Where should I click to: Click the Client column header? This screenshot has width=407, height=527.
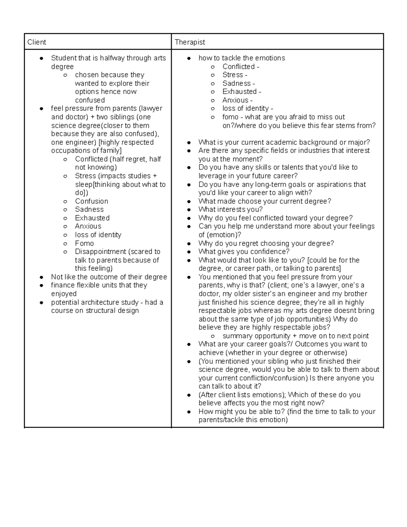[x=37, y=42]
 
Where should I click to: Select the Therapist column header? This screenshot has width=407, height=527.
[x=190, y=42]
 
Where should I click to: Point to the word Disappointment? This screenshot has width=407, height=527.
[x=100, y=252]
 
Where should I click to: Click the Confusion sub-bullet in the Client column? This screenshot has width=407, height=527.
[x=92, y=201]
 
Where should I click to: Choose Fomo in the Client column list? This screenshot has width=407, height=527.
[x=84, y=243]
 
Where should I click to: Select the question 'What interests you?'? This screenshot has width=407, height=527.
[x=230, y=210]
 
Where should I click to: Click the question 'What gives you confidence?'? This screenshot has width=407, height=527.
[x=244, y=252]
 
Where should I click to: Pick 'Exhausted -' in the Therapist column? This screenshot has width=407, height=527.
[x=241, y=92]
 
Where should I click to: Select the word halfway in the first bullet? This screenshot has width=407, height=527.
[x=112, y=58]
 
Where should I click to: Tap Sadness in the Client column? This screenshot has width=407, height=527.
[x=89, y=210]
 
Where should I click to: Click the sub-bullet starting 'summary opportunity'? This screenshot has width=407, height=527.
[x=295, y=336]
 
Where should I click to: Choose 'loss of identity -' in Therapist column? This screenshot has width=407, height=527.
[x=248, y=109]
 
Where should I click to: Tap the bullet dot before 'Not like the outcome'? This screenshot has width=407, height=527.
[x=41, y=277]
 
